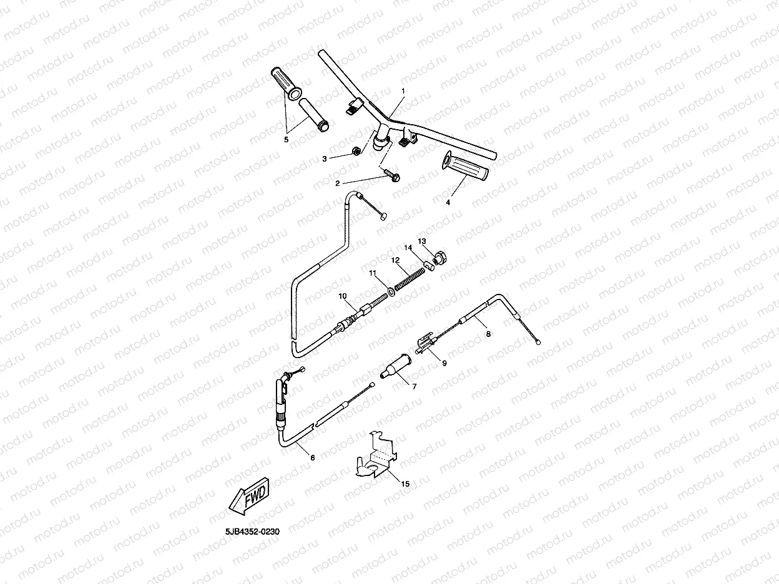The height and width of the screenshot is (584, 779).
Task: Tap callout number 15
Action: pos(405,484)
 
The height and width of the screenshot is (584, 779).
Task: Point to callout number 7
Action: pos(413,386)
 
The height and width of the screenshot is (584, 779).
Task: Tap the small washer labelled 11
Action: pos(390,290)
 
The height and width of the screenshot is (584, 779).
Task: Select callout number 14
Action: pos(408,248)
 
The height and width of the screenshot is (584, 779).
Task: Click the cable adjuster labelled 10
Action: pos(364,310)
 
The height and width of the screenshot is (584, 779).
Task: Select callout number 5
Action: pos(287,140)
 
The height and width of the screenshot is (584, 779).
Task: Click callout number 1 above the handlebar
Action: pos(403,91)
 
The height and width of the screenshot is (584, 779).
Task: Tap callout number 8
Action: pos(488,334)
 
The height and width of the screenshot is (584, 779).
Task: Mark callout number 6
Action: pos(313,457)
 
